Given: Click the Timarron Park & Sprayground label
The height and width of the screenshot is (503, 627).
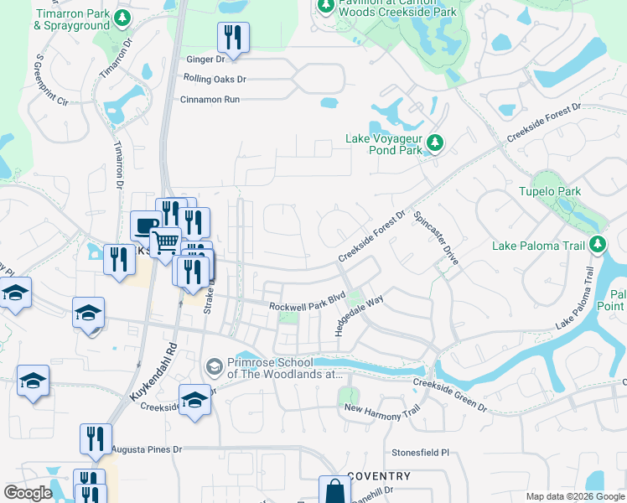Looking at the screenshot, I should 71,19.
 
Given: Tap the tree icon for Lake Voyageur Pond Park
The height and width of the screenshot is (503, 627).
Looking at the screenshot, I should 433,144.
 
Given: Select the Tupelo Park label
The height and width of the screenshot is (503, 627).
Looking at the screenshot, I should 549,191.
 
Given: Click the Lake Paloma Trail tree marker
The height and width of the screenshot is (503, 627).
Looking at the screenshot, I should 597,246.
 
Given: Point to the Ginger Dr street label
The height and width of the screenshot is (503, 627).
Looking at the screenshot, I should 205,60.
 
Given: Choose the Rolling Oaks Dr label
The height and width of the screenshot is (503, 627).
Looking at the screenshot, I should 215,80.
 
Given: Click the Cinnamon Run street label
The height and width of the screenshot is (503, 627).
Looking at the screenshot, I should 210,99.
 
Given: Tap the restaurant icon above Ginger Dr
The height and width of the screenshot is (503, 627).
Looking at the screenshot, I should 233,37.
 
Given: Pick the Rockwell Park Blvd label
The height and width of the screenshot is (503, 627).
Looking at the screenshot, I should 308,303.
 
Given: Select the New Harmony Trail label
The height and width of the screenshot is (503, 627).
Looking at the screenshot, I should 381,407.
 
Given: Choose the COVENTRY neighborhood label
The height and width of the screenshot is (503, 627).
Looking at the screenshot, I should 378,476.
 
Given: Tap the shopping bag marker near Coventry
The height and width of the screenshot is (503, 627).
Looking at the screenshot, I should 334,490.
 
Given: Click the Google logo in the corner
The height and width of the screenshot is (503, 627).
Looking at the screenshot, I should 28,494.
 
